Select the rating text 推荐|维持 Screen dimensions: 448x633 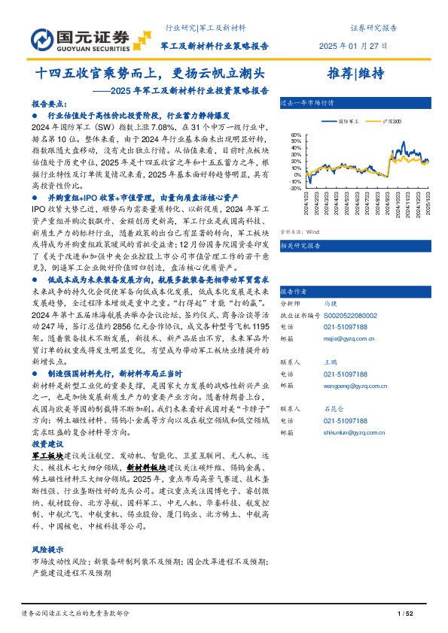click(x=355, y=73)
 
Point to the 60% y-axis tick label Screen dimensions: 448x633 click(x=297, y=136)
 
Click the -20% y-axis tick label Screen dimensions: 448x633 click(x=296, y=189)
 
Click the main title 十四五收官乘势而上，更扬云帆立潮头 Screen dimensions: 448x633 click(x=151, y=74)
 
